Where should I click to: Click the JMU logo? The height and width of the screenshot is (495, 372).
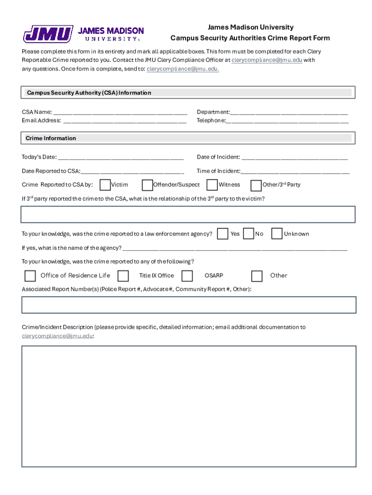tap(83, 34)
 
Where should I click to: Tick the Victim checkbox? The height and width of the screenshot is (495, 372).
tap(104, 185)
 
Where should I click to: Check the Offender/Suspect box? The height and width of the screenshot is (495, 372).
tap(147, 185)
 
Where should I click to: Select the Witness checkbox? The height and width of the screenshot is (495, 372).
tap(212, 185)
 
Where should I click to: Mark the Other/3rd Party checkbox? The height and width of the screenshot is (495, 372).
tap(256, 185)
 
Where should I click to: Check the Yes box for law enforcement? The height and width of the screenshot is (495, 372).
tap(223, 234)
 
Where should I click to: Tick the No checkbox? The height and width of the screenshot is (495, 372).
tap(249, 234)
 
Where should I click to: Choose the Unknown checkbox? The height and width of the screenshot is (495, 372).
tap(277, 234)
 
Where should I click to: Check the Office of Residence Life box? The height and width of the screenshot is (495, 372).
tap(30, 276)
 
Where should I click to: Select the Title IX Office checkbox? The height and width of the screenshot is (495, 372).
tap(123, 276)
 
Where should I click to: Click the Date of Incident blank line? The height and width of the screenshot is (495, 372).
tap(294, 157)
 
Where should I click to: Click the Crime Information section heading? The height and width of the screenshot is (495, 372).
tap(51, 138)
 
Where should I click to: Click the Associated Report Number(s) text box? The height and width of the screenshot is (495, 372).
tap(189, 305)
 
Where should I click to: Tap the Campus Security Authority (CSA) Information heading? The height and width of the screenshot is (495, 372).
tap(89, 93)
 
